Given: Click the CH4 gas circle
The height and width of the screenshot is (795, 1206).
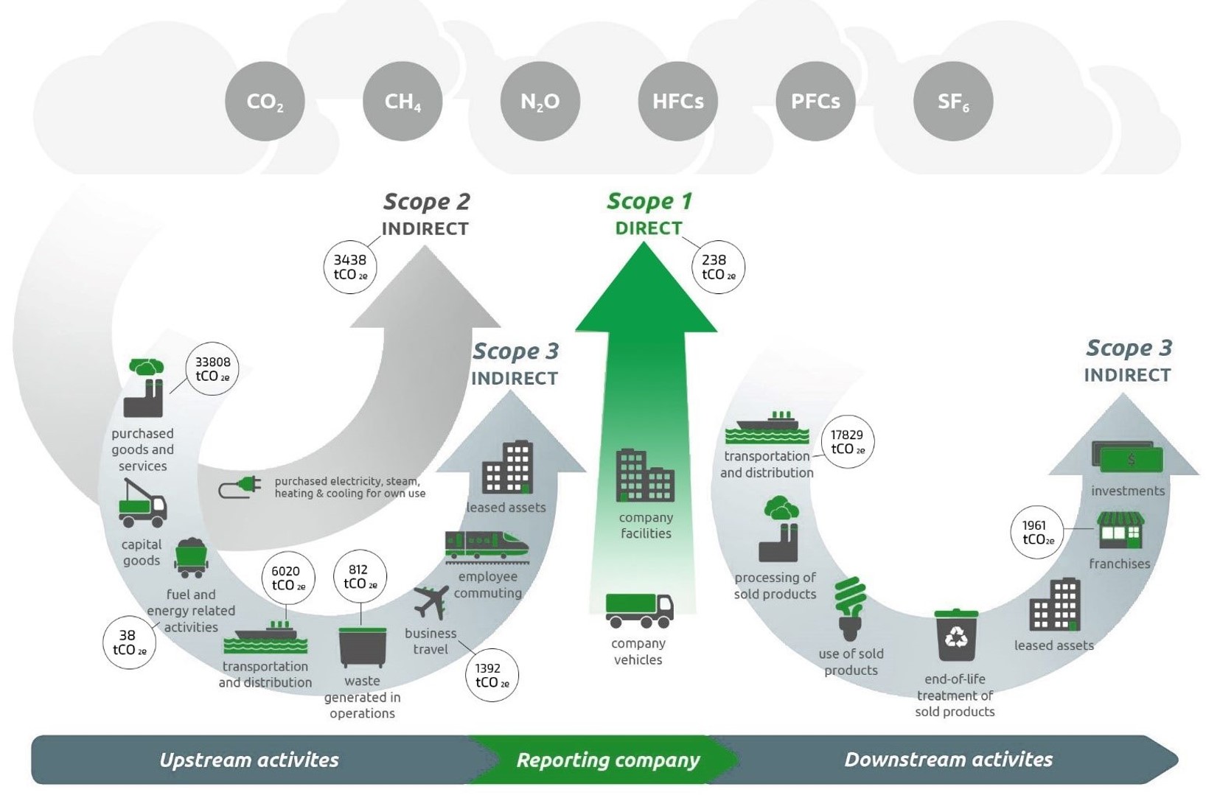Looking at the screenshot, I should [x=402, y=101].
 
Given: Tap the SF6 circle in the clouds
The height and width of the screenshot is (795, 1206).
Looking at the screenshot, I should [x=952, y=101].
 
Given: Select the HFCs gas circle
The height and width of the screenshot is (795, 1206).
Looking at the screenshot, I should [x=677, y=101].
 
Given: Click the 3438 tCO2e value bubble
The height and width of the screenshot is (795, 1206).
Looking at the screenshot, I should [x=350, y=267].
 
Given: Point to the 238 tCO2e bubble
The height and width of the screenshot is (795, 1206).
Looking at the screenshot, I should [x=718, y=267].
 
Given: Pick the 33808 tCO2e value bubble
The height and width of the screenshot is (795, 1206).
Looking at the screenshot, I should [x=212, y=369].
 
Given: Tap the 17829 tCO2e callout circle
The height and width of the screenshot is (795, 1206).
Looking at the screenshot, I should [x=847, y=442].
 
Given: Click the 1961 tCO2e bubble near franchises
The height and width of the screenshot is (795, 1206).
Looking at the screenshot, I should [x=1037, y=532].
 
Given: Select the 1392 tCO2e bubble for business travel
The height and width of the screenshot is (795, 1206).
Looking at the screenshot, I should [x=492, y=675].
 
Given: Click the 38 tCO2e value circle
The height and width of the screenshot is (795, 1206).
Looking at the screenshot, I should [x=129, y=642].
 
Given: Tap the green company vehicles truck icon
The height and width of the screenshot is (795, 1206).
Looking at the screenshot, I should [x=638, y=610].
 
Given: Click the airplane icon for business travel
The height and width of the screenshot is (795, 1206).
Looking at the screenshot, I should [x=431, y=602].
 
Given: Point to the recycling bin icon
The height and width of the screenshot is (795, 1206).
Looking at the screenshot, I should [x=955, y=635].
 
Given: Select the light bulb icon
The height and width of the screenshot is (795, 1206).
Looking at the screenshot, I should [x=850, y=608].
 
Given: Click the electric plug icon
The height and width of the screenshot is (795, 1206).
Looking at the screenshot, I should [x=240, y=487].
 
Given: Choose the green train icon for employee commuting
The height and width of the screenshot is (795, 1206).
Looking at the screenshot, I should [x=487, y=546].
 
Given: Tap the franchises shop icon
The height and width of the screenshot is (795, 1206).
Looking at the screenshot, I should [x=1120, y=530].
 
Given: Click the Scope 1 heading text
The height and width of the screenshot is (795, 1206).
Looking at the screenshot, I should [x=649, y=201].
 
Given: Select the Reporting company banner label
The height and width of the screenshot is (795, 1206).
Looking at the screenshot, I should [x=607, y=760].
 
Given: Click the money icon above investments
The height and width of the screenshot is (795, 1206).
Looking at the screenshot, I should [x=1127, y=458].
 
